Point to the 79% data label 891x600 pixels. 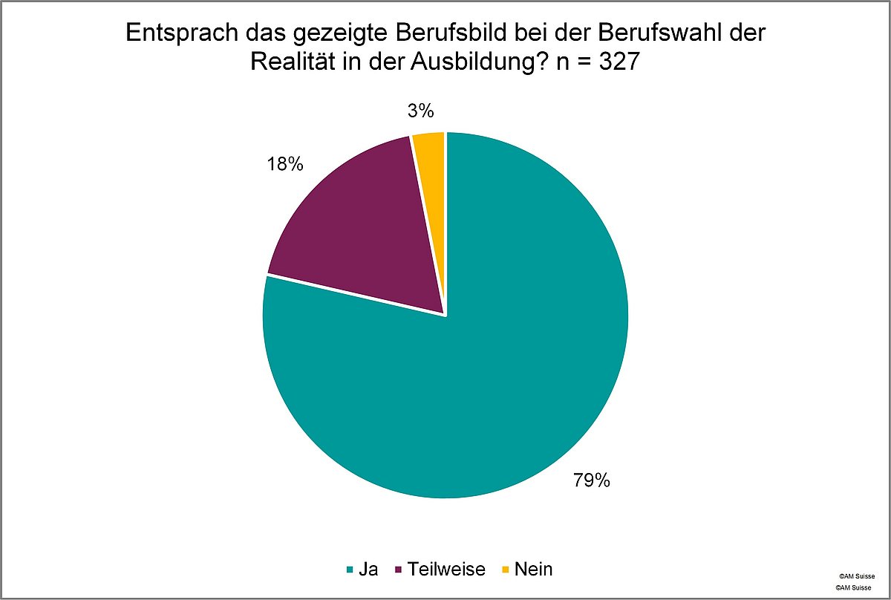coord(591,480)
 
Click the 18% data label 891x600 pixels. coord(285,164)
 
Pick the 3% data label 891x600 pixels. coord(420,111)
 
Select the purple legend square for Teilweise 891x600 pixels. coord(399,570)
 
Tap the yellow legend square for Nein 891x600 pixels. coord(506,570)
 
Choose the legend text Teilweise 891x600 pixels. coord(446,570)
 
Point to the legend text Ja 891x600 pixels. coord(368,570)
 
